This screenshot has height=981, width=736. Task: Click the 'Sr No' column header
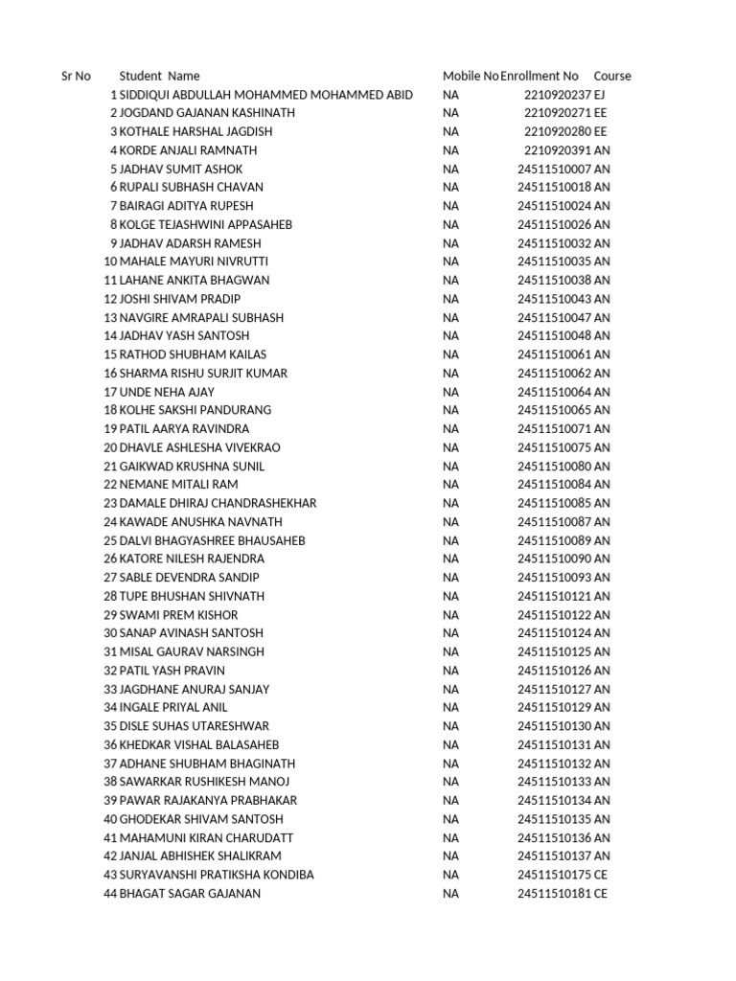76,76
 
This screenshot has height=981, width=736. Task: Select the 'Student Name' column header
159,76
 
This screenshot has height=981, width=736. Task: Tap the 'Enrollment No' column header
540,76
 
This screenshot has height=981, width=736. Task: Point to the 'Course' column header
612,76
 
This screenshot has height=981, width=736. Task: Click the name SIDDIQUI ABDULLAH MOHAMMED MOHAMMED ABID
265,95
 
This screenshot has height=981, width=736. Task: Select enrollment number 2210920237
558,95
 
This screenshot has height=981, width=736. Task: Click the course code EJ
601,95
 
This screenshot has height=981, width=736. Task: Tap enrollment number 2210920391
558,150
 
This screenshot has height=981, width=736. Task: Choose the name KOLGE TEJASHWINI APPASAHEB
205,224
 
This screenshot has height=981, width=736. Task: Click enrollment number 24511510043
554,299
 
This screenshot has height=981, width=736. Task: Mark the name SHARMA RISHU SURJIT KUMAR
203,373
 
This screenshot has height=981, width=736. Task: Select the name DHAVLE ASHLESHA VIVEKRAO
199,447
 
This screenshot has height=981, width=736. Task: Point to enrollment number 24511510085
554,503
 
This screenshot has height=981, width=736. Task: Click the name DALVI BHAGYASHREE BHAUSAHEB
212,540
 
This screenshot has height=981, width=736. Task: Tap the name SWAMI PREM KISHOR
178,615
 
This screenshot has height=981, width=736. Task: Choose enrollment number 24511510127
554,689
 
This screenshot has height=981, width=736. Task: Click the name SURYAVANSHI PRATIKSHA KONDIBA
216,875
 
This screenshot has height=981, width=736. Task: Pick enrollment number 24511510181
554,894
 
